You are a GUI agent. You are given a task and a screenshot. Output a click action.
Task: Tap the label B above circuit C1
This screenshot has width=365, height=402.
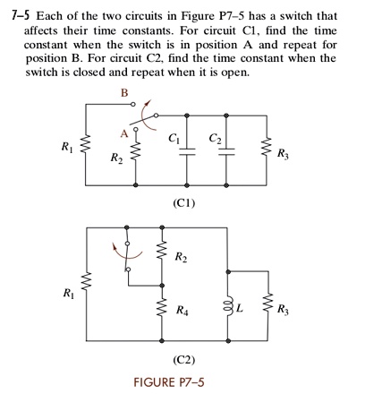pos(124,94)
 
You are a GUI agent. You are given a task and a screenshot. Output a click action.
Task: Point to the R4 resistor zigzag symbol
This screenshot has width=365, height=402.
pos(163,307)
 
